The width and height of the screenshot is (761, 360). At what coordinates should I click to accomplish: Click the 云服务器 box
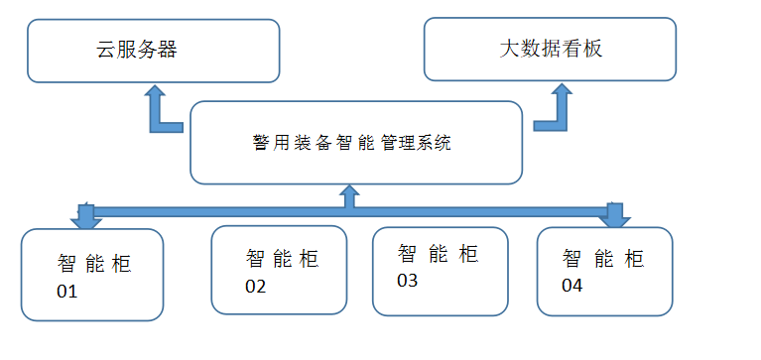tap(153, 51)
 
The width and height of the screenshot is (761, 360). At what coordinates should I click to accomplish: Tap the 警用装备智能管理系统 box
tap(355, 142)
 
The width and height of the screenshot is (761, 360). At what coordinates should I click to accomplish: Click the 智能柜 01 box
tap(92, 275)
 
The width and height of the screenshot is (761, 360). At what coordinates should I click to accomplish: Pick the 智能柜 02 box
tap(279, 268)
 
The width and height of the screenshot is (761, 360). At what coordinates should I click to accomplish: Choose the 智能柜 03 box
tap(439, 270)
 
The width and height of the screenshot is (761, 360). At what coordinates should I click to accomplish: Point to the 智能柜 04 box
tap(603, 271)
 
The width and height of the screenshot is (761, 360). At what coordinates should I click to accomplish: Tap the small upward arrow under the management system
tap(348, 195)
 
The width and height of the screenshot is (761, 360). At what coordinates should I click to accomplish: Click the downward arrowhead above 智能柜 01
tap(85, 216)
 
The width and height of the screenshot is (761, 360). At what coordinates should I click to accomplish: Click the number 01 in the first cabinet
tap(66, 293)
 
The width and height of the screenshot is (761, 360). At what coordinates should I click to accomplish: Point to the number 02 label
tap(256, 287)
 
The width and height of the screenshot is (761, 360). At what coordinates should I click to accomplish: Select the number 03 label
tap(407, 281)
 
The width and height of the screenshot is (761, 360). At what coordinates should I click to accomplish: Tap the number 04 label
tap(574, 287)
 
